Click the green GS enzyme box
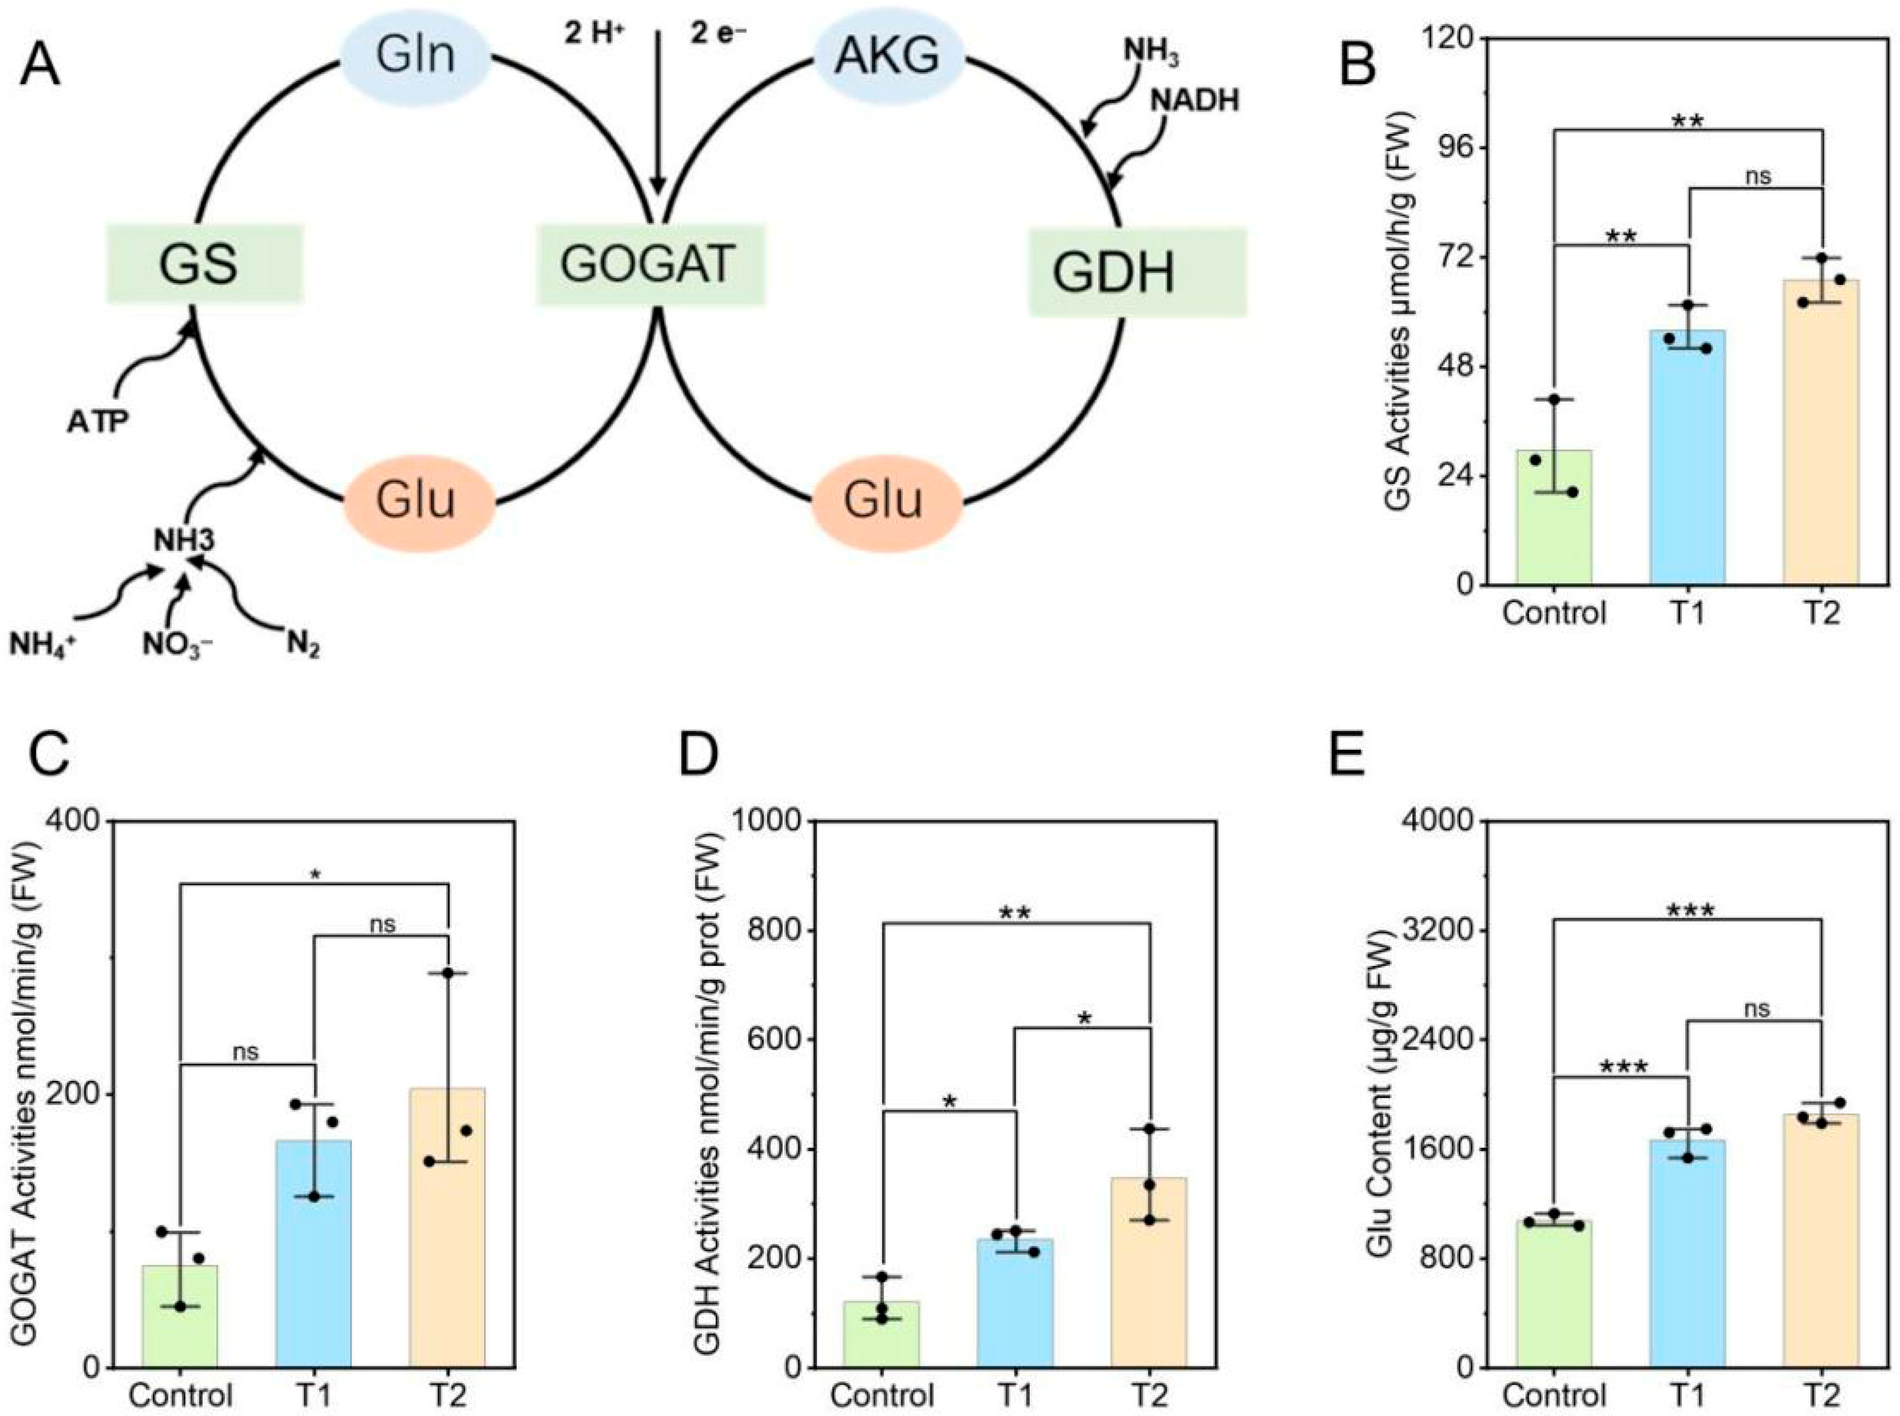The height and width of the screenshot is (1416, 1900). [204, 264]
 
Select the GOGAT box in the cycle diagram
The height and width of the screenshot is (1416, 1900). [650, 264]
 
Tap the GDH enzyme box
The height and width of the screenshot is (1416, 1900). [1137, 273]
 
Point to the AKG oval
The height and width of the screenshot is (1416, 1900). [887, 56]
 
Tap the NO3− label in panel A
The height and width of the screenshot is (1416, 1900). [177, 643]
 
